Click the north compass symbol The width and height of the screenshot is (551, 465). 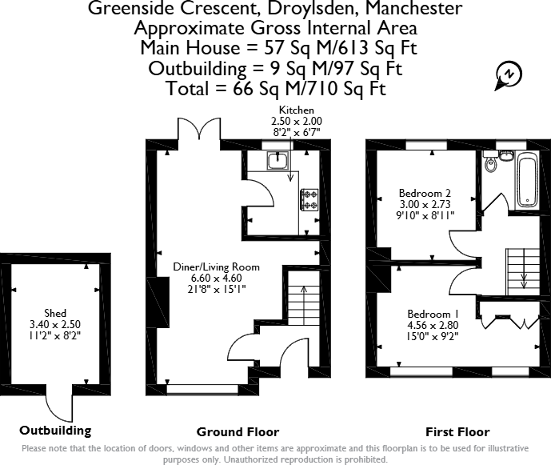click(506, 74)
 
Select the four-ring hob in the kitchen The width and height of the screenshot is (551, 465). click(309, 200)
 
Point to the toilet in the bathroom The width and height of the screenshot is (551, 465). click(491, 165)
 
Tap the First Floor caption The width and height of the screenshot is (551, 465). click(457, 432)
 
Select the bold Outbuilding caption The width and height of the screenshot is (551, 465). click(55, 431)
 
